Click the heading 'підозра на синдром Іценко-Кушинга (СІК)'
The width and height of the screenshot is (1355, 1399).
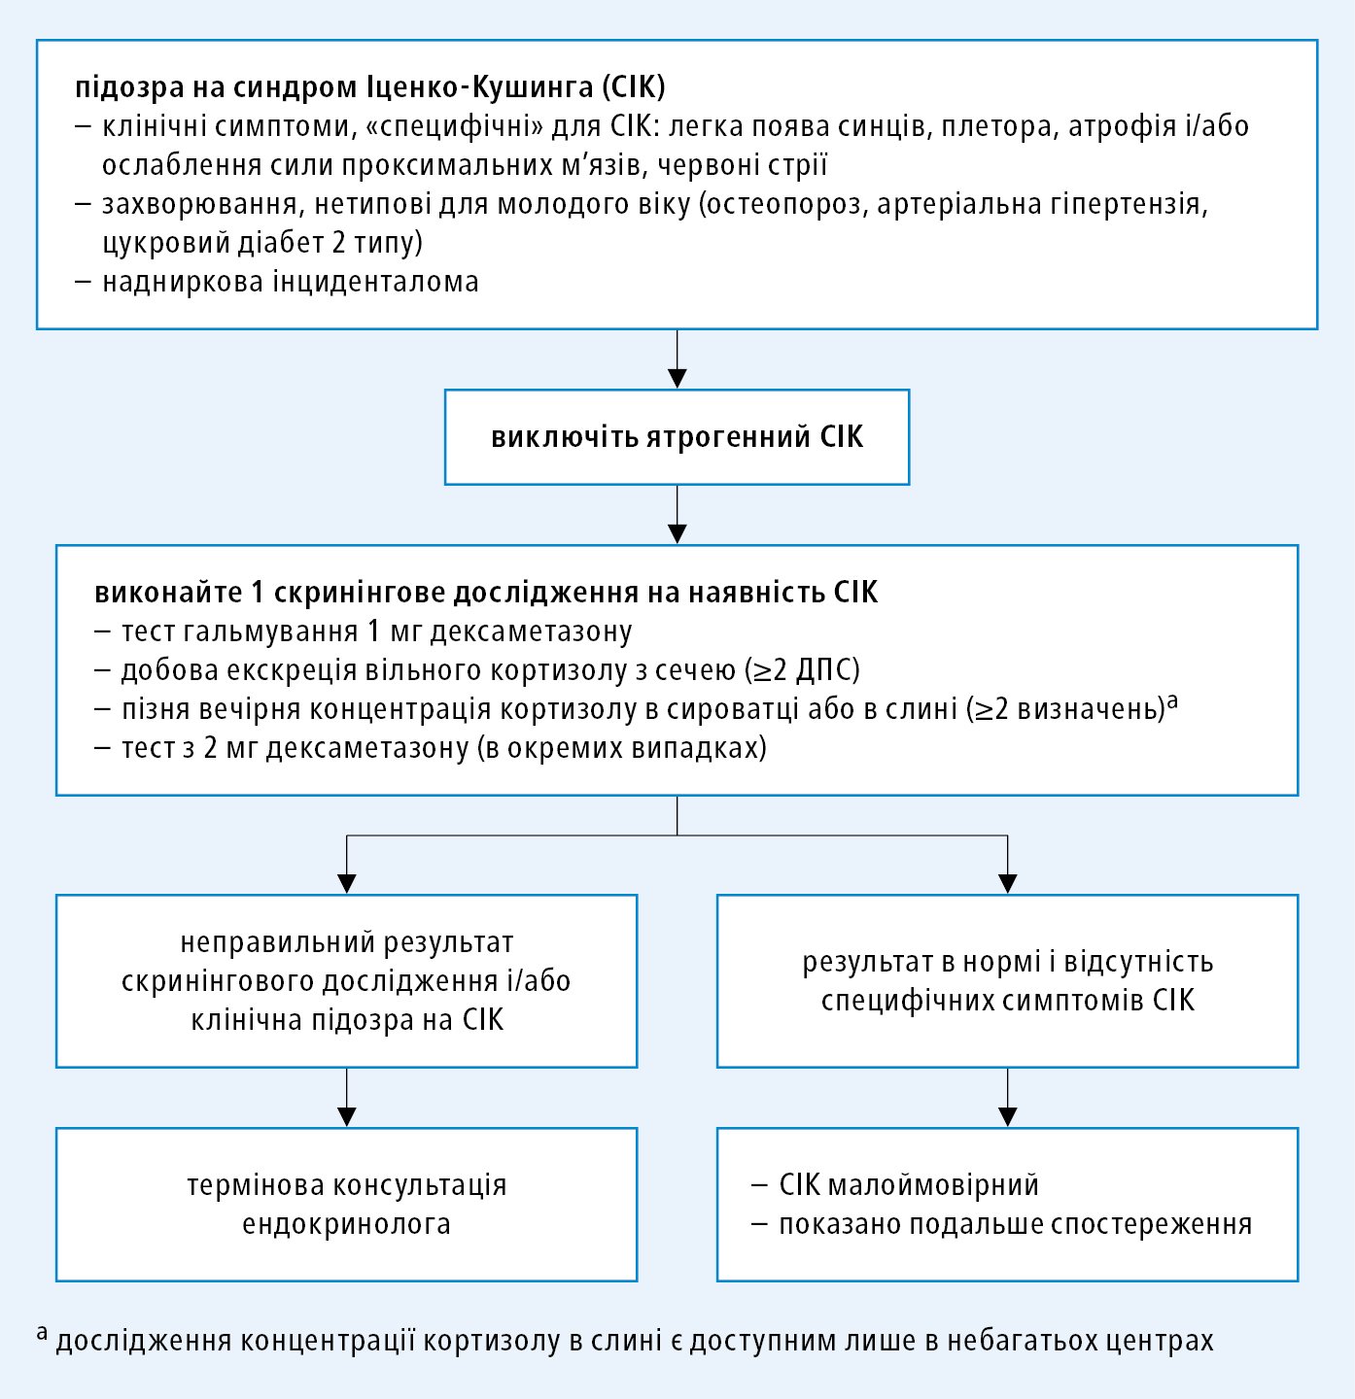370,87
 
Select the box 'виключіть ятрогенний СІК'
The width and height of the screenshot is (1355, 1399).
677,437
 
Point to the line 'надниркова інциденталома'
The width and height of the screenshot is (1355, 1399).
290,282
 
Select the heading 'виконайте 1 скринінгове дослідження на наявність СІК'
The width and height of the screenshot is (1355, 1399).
486,593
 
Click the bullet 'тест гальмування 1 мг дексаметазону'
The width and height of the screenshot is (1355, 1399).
376,631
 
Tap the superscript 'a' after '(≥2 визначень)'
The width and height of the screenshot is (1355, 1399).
1172,701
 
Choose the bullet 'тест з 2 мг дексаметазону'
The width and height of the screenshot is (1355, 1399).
442,748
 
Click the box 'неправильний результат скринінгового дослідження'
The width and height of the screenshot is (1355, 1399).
346,981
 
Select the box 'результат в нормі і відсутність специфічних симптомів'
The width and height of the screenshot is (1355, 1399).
1007,981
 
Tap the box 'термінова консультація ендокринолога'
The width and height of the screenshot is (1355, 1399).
346,1205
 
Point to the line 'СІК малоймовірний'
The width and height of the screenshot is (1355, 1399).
909,1185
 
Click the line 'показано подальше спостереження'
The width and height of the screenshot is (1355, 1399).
1015,1224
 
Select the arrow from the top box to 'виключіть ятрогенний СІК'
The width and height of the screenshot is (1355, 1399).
677,359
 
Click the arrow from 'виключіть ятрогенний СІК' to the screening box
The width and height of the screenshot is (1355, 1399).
677,515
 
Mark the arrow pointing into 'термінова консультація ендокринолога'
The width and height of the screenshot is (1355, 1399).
347,1098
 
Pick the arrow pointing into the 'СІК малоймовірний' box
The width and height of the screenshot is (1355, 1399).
1008,1098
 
